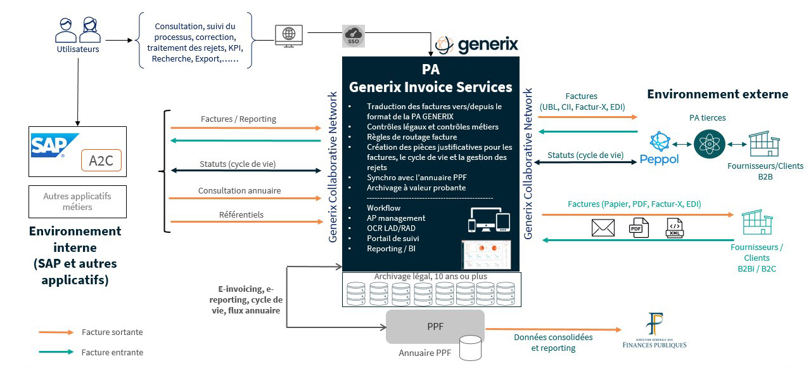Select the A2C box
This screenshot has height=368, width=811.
(x=100, y=161)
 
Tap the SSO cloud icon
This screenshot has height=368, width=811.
(x=352, y=36)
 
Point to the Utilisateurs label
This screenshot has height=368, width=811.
(x=78, y=49)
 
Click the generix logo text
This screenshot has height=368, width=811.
(x=487, y=44)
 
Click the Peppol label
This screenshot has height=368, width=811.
(x=659, y=158)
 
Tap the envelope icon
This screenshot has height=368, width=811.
(x=603, y=228)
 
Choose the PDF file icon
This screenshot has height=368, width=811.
(x=637, y=228)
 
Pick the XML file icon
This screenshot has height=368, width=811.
(x=675, y=228)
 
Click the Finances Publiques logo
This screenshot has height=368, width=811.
(x=655, y=331)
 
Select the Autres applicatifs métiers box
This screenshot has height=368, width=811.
(x=78, y=202)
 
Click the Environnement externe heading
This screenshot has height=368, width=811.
(x=717, y=95)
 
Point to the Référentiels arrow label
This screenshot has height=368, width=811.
(x=242, y=214)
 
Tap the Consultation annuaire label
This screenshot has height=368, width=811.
(x=239, y=190)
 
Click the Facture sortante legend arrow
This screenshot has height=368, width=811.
(x=56, y=332)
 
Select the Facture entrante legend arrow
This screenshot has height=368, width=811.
(x=56, y=352)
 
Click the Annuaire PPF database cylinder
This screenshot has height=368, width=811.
(x=470, y=348)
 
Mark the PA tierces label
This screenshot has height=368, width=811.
(x=707, y=117)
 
